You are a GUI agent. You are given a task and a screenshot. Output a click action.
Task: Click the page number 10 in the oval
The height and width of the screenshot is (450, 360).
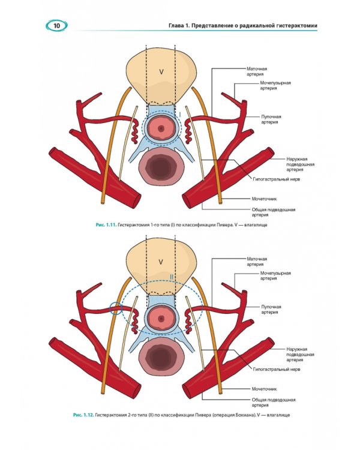[x=56, y=26]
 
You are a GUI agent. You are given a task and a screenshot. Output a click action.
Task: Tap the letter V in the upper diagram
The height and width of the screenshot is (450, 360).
[x=161, y=72]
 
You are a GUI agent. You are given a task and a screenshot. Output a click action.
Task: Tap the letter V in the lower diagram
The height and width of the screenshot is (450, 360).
[x=161, y=262]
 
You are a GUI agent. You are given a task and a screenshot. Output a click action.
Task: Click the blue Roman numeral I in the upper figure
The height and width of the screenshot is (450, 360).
[x=180, y=115]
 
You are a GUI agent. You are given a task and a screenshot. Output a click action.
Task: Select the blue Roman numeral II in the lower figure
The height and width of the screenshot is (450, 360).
[x=172, y=277]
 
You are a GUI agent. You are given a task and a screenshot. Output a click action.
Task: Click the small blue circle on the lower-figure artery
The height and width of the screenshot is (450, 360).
[x=116, y=308]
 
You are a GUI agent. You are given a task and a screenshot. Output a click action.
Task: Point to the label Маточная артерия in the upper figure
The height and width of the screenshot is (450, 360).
[x=257, y=71]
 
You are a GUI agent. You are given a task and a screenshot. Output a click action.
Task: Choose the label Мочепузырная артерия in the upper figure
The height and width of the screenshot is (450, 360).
[x=275, y=86]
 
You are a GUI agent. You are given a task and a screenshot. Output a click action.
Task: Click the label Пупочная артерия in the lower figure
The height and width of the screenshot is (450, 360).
[x=271, y=310]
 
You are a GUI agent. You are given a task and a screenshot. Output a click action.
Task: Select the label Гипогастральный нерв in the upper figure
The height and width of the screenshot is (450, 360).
[x=277, y=179]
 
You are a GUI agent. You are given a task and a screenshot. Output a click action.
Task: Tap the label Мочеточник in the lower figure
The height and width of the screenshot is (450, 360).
[x=264, y=389]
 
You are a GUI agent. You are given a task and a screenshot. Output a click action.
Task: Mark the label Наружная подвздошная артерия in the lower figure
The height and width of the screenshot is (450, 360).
[x=300, y=355]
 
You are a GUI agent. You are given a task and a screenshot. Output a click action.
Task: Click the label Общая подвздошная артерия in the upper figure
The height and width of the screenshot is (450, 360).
[x=274, y=212]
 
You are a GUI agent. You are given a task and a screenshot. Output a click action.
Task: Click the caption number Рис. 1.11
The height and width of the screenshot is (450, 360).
[x=106, y=225]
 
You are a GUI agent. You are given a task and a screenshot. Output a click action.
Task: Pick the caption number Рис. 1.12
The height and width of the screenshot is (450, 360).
[x=83, y=415]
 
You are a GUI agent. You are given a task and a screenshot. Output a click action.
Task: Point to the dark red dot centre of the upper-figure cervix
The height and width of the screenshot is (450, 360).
[x=161, y=128]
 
